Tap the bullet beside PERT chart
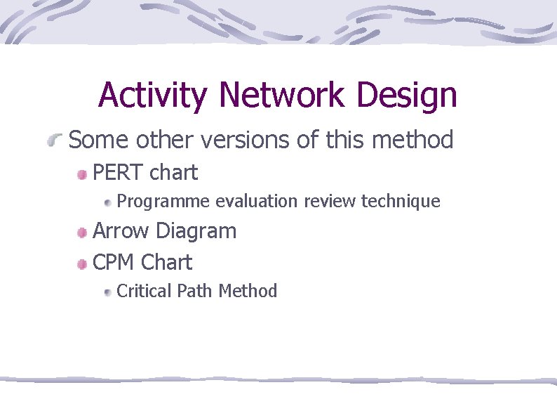point(83,174)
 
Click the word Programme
point(163,202)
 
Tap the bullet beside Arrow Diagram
point(83,233)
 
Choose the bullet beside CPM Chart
point(83,265)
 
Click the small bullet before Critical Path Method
point(107,293)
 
